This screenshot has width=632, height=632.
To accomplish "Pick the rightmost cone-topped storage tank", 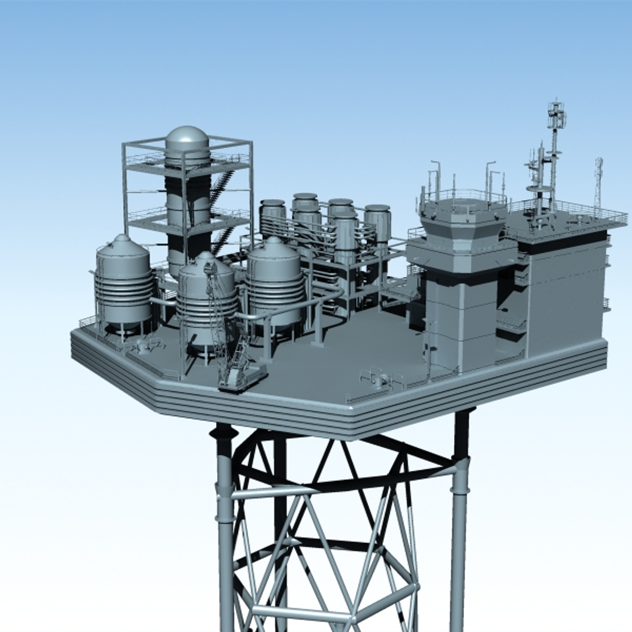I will pyautogui.click(x=274, y=281).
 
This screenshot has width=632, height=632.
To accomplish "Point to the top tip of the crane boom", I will pyautogui.click(x=208, y=266).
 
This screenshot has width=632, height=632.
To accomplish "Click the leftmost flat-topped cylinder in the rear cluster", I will pyautogui.click(x=273, y=217).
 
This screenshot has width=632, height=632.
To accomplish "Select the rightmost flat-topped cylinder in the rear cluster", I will pyautogui.click(x=377, y=222).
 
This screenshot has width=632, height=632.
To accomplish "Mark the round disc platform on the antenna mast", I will pyautogui.click(x=539, y=188).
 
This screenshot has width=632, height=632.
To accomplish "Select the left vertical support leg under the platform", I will pyautogui.click(x=225, y=527).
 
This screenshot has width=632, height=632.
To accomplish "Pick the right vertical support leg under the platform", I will pyautogui.click(x=459, y=527).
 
